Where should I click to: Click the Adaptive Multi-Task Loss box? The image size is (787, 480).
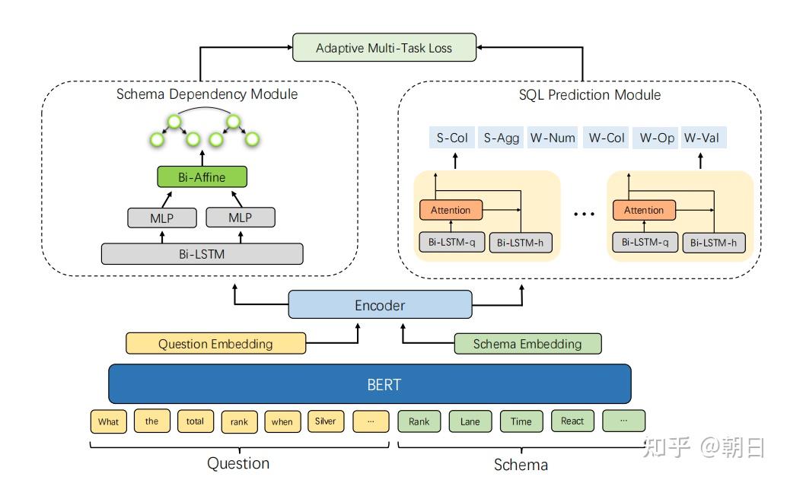click(x=384, y=48)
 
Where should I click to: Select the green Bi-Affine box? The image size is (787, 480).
click(x=202, y=177)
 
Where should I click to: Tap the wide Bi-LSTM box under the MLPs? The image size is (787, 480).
click(x=202, y=254)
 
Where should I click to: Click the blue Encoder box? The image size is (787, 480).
click(x=380, y=305)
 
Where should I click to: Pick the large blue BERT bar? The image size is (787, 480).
click(x=370, y=384)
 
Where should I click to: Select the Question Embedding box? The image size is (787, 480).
click(x=215, y=344)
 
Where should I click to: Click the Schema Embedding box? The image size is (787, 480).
click(x=527, y=344)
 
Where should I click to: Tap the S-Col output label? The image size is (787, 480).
click(x=452, y=138)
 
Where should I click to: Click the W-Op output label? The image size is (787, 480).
click(x=656, y=138)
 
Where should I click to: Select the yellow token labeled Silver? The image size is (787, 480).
click(x=326, y=421)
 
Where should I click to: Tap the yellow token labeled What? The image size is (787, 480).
click(x=109, y=421)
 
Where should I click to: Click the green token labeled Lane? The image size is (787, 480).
click(x=470, y=421)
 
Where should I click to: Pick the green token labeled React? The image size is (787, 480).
click(x=572, y=421)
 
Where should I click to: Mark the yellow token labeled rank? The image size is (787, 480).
click(x=239, y=421)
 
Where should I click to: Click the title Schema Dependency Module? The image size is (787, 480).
click(x=207, y=94)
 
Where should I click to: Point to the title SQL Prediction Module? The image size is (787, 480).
click(x=590, y=95)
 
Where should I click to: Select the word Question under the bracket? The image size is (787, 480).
click(x=238, y=463)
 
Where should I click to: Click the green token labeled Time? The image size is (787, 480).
click(x=521, y=421)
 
